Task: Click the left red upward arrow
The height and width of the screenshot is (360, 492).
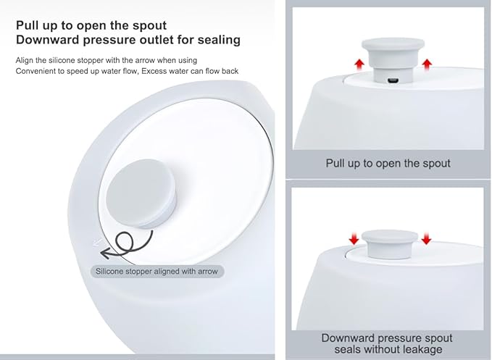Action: [x=359, y=64]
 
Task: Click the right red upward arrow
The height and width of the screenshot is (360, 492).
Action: [x=427, y=64]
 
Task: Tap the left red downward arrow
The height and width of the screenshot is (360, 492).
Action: [x=354, y=238]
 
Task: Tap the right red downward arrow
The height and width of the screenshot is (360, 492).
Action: [x=426, y=238]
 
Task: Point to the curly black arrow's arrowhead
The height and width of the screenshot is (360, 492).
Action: [x=107, y=253]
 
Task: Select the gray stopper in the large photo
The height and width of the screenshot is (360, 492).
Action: [x=141, y=193]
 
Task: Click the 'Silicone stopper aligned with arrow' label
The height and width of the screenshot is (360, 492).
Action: [x=157, y=271]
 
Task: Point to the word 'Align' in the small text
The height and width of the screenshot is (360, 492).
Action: [x=25, y=60]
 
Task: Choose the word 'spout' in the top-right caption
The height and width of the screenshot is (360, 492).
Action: [x=435, y=164]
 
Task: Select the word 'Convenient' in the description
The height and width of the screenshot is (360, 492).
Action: [x=35, y=71]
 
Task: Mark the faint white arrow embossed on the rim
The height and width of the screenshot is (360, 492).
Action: [x=98, y=242]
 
